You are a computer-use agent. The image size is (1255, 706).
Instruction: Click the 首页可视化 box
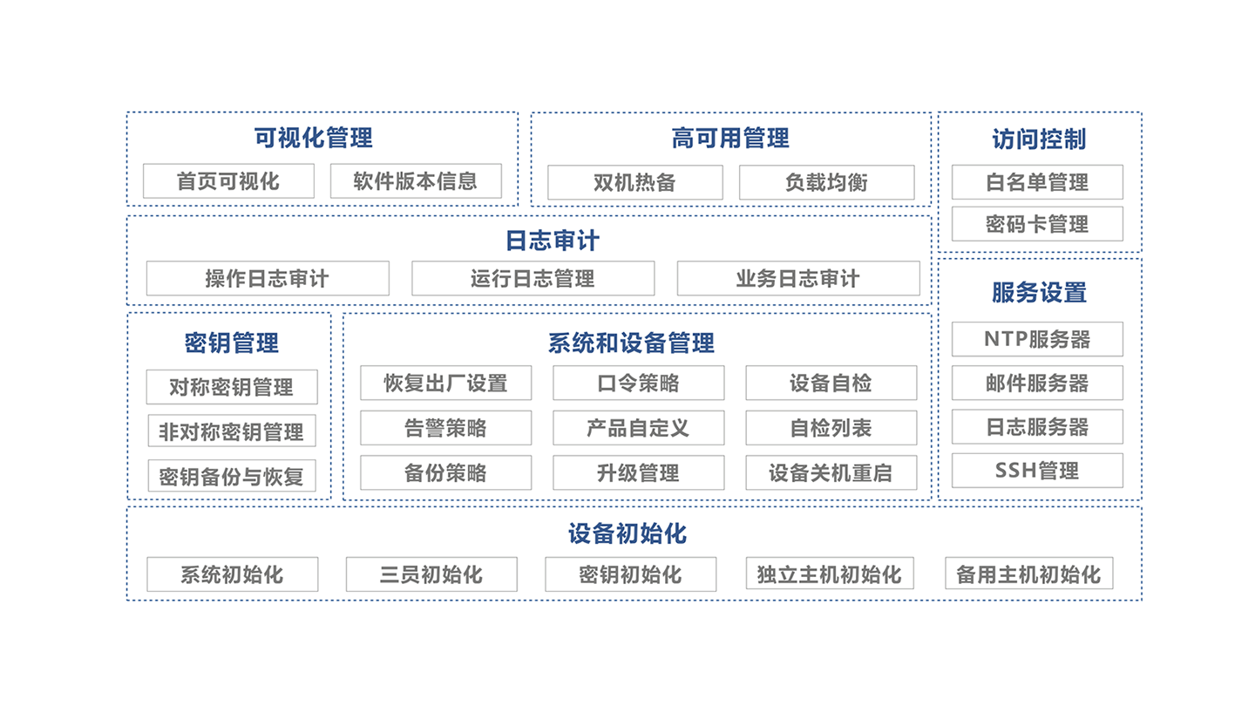point(228,181)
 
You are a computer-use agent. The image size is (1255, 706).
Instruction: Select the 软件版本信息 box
point(416,181)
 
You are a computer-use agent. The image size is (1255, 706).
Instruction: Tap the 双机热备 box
point(634,183)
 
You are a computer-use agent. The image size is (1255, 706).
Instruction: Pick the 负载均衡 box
point(826,183)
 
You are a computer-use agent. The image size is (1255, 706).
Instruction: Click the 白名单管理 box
point(1037,182)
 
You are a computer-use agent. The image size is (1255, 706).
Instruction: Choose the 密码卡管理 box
point(1037,224)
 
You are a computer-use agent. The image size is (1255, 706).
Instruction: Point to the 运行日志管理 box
point(533,279)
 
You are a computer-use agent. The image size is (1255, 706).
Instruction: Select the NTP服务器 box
point(1037,339)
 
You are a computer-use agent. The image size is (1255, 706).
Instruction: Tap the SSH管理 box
point(1037,471)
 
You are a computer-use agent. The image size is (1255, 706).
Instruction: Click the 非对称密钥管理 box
point(231,431)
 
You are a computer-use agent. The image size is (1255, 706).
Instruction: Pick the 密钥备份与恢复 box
point(231,477)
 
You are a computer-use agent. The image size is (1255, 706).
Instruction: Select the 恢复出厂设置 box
point(445,384)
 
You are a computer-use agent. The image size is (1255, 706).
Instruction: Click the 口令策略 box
point(638,384)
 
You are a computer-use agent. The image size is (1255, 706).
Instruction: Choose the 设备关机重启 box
point(831,473)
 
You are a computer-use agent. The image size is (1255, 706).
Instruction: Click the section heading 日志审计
point(553,240)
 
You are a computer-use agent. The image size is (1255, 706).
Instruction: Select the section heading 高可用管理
point(730,138)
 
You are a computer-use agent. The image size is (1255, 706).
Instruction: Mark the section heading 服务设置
point(1039,293)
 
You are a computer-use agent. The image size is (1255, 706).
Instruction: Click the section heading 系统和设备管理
point(631,343)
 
